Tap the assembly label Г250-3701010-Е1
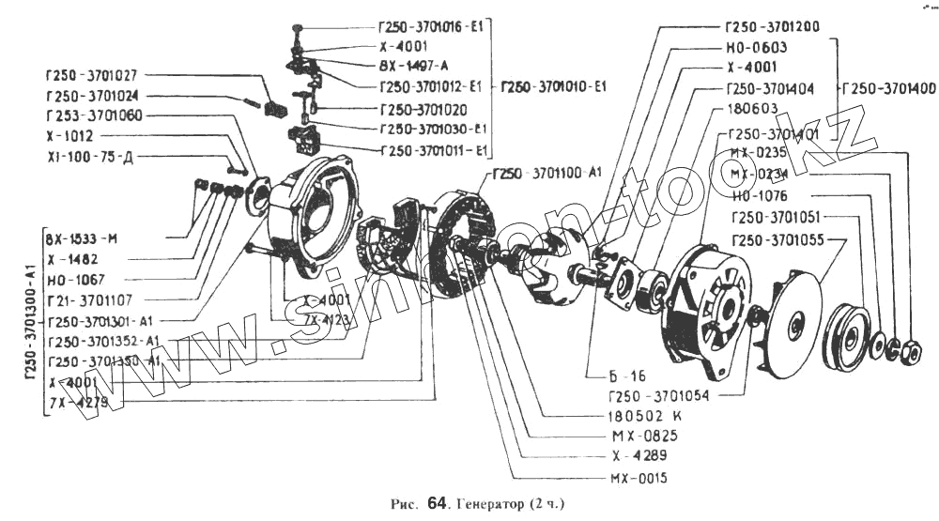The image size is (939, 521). [x=553, y=86]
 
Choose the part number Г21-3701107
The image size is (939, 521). [x=91, y=301]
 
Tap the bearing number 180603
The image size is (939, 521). [x=756, y=110]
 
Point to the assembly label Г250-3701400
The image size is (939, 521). [x=888, y=88]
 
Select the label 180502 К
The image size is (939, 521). [x=647, y=414]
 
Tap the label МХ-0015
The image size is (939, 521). [x=638, y=478]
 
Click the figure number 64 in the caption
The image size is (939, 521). [x=436, y=504]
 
